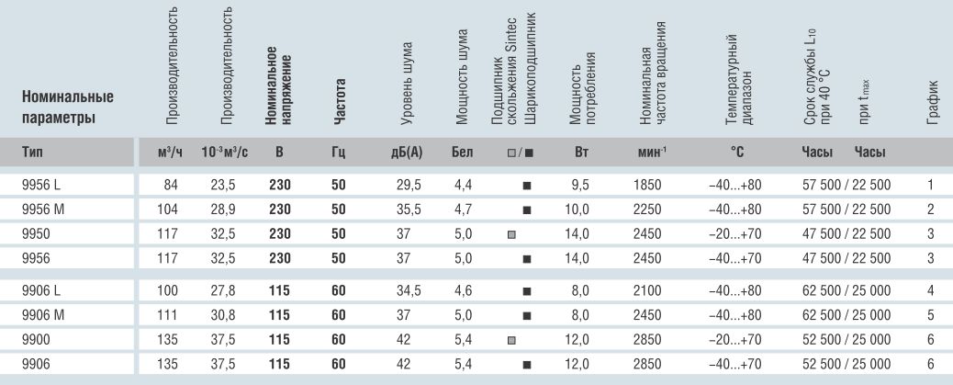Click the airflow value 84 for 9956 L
point(172,185)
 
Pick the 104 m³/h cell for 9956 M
point(168,209)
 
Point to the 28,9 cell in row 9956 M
point(223,209)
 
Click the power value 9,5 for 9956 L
point(580,185)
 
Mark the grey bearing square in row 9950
point(511,235)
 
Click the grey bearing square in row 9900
point(511,341)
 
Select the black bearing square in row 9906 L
point(527,291)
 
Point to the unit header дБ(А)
point(407,152)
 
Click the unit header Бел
point(462,152)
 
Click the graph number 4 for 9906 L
point(931,290)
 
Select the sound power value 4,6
point(463,290)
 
